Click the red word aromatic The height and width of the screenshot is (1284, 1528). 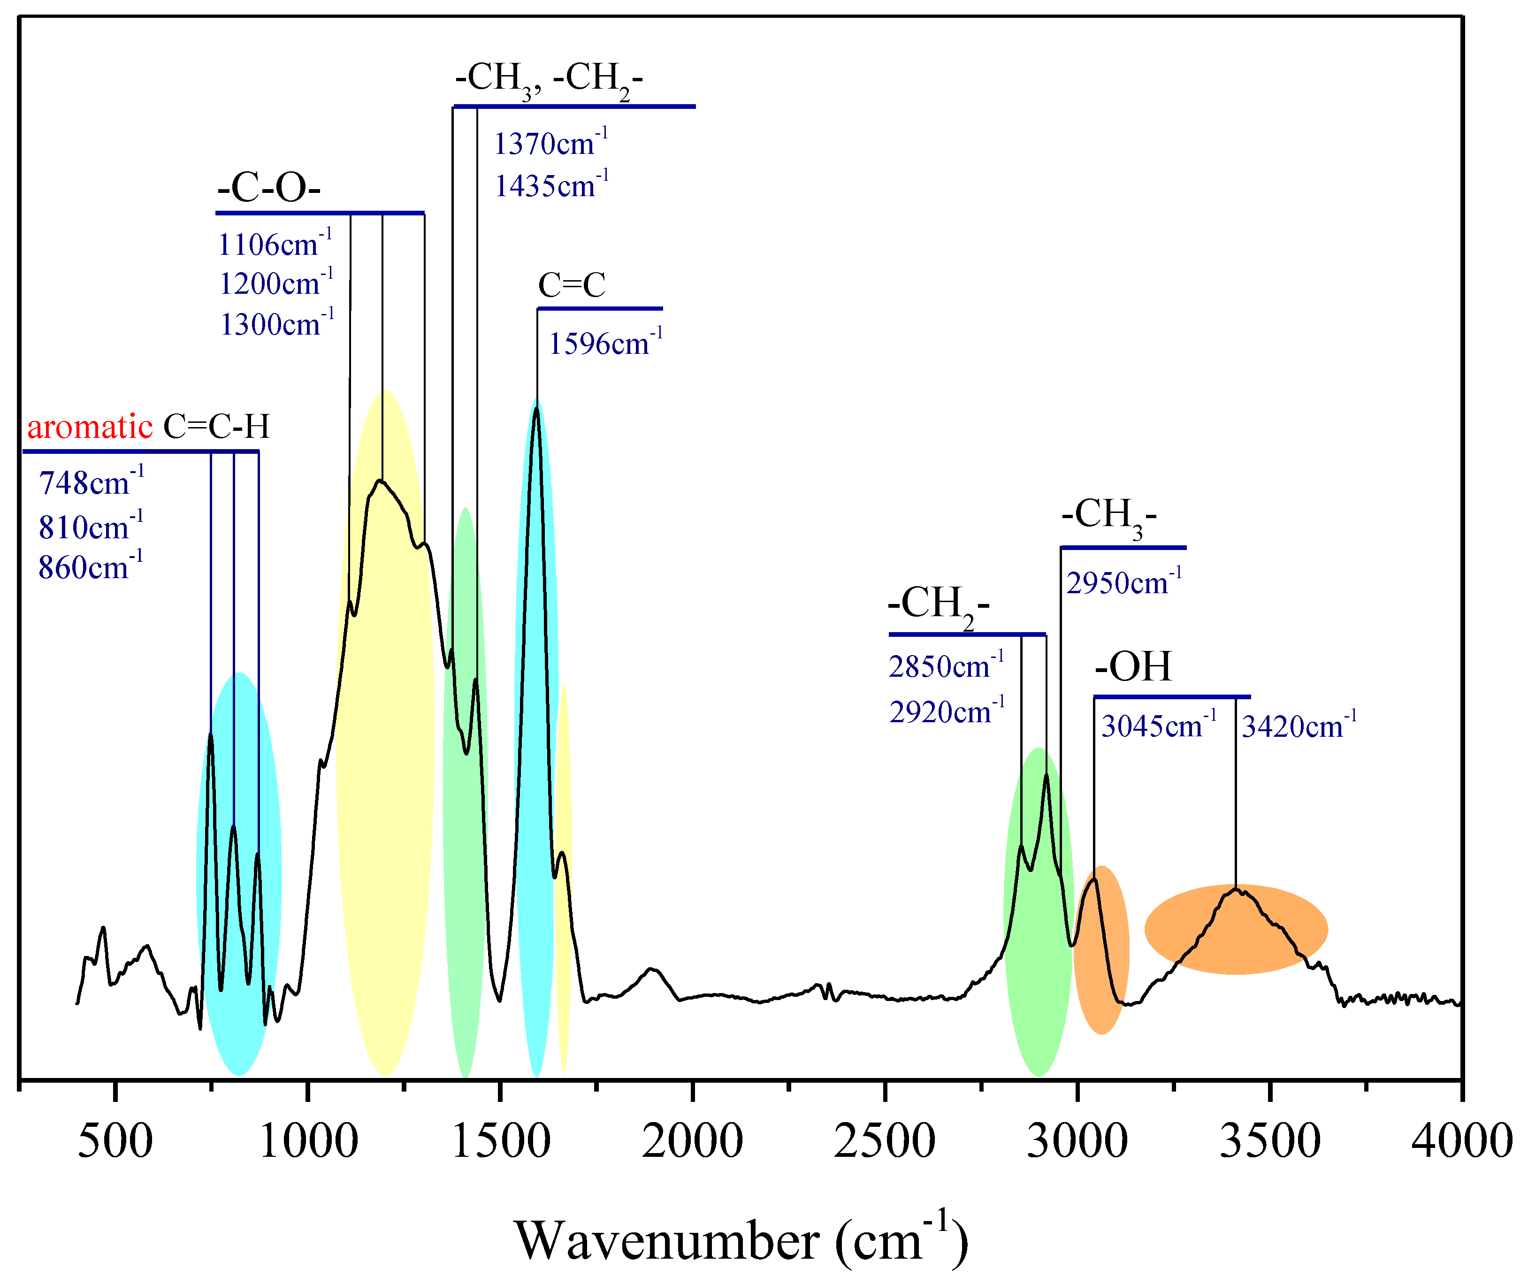(x=90, y=427)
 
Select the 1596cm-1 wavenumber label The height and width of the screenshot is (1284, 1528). (x=605, y=344)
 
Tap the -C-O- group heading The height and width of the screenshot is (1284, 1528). (x=268, y=189)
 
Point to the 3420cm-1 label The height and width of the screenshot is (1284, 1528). (x=1299, y=726)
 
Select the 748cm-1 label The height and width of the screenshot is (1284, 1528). (x=91, y=482)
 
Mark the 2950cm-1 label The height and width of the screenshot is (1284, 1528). (x=1123, y=583)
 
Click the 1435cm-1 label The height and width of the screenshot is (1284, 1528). (x=551, y=186)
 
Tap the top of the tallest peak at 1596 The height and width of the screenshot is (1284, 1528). (x=536, y=409)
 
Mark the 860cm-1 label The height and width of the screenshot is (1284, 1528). (x=90, y=567)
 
